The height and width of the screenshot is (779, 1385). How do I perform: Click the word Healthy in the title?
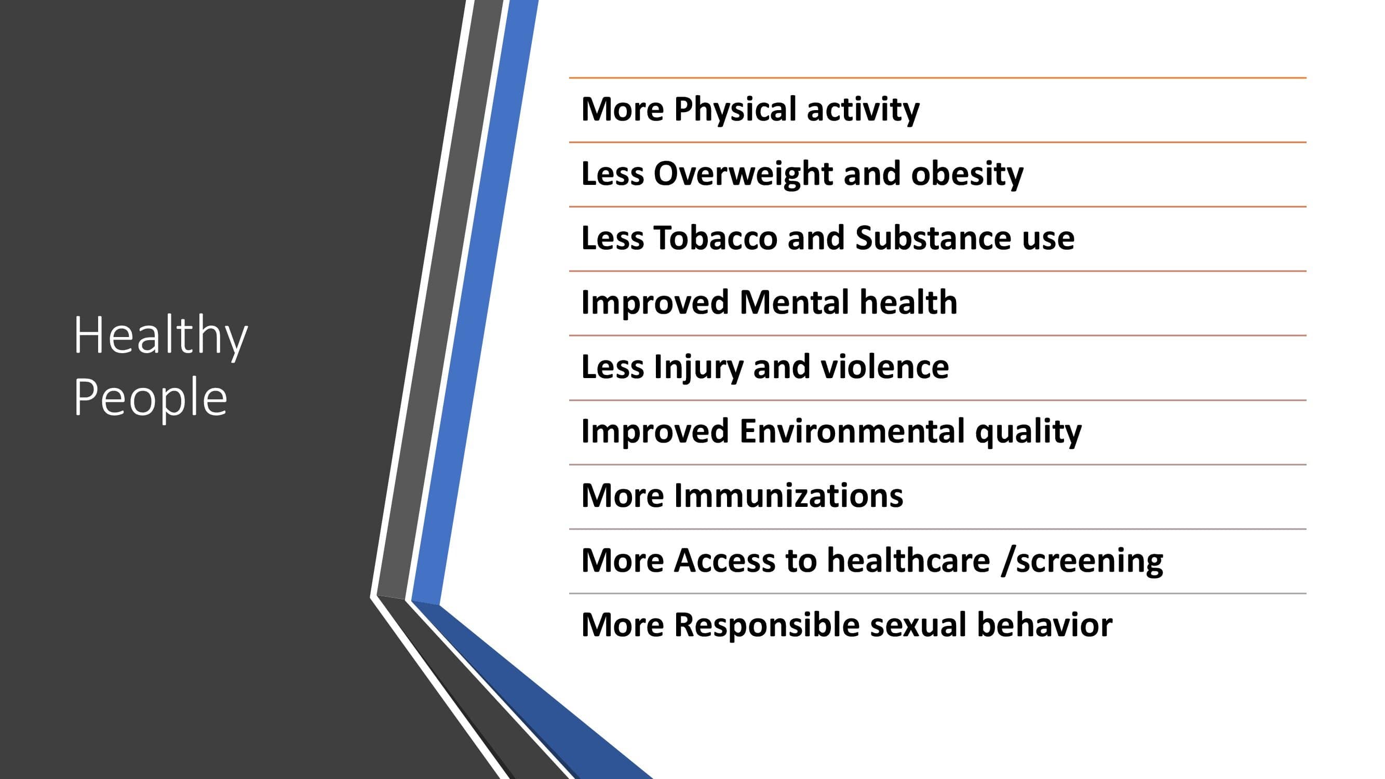coord(160,337)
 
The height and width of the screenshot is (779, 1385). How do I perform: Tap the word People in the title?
coord(151,398)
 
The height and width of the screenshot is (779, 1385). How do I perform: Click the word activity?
coord(863,110)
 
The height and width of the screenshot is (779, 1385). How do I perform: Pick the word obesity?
coord(967,174)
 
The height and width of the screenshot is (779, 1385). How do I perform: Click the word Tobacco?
coord(716,238)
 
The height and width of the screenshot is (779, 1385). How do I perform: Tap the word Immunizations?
coord(789,495)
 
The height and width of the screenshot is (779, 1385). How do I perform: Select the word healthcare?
coord(909,560)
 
